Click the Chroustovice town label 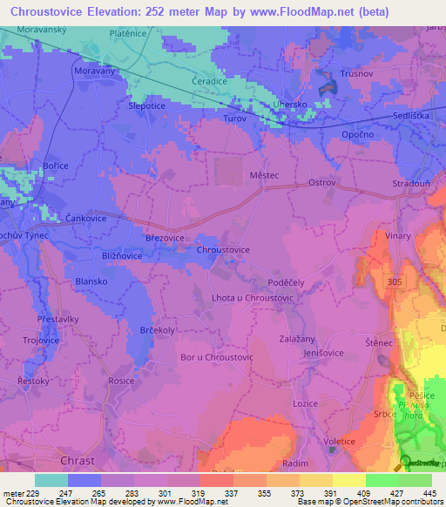tap(224, 250)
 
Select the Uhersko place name tap(292, 104)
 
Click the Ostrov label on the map tap(322, 182)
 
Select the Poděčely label tap(286, 284)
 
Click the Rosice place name tap(121, 382)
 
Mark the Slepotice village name tap(147, 105)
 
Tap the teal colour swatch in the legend tap(51, 480)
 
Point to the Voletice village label tap(339, 441)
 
